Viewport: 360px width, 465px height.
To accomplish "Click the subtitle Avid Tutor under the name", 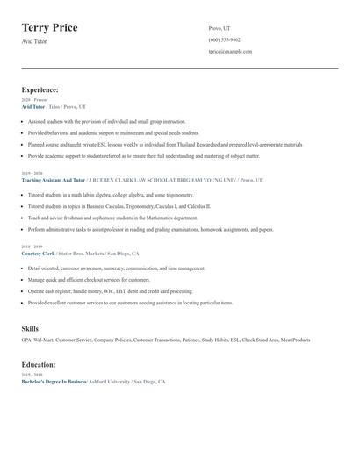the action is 36,41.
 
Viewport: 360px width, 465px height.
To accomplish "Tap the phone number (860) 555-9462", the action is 224,39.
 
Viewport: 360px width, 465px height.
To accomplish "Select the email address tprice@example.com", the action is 230,51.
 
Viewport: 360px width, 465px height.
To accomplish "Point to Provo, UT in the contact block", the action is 220,28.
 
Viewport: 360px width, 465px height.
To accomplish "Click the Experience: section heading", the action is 40,89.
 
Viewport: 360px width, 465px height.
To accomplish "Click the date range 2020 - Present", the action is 34,100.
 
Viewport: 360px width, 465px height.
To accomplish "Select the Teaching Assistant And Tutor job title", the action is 54,179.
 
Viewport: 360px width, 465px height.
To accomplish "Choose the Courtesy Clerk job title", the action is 38,253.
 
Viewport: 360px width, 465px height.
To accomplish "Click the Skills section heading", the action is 30,328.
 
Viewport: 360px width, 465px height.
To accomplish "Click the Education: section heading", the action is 39,364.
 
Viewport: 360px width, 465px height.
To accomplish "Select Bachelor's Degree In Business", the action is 54,383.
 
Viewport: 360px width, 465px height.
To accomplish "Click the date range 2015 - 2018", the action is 32,375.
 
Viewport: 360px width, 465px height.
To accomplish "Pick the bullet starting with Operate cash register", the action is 110,290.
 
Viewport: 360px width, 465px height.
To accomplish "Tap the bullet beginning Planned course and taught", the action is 164,144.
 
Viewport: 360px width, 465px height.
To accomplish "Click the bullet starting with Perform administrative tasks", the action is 149,229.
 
